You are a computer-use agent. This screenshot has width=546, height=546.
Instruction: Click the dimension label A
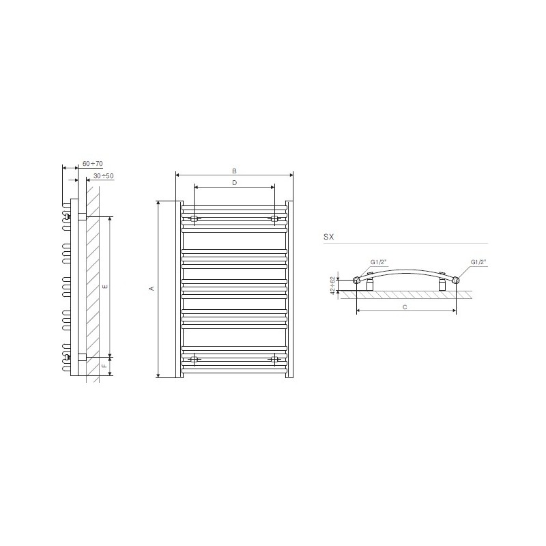coord(152,289)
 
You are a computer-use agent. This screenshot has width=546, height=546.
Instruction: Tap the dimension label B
coord(234,171)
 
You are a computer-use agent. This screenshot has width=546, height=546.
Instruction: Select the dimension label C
coord(405,307)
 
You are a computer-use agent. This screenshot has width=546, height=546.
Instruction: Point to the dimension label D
coord(234,183)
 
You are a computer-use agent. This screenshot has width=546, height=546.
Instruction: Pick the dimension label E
coord(105,287)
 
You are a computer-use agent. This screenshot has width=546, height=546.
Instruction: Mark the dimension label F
coord(104,366)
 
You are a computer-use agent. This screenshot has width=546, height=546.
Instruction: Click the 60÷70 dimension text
coord(92,163)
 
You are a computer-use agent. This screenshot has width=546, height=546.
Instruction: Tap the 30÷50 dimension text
coord(104,176)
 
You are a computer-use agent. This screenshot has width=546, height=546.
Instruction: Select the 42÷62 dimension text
coord(333,285)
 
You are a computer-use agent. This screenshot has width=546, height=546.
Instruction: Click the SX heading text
coord(329,237)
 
